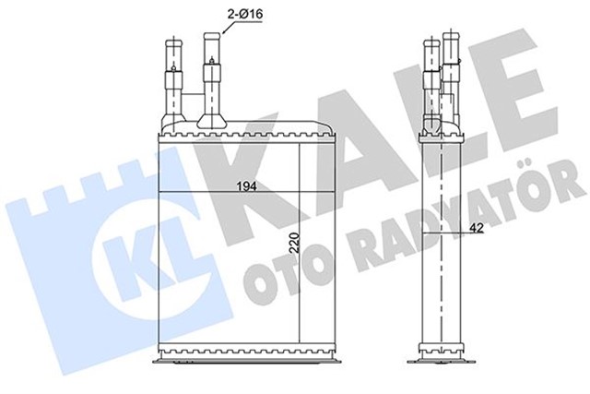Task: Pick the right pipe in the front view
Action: (x=212, y=78)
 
